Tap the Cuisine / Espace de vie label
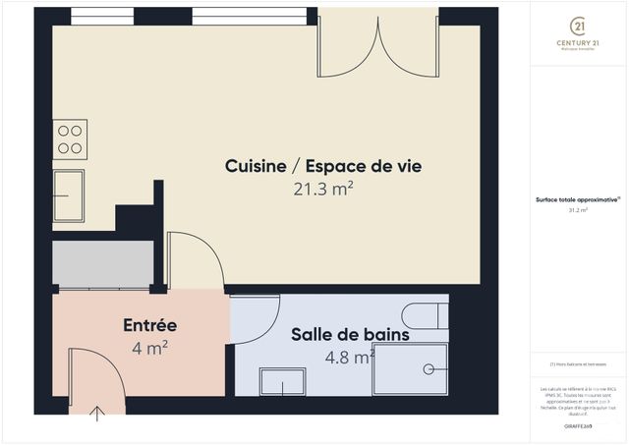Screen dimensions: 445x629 323,166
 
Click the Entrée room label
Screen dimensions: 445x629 149,325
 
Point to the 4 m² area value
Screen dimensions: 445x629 149,347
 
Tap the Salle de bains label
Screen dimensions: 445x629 350,334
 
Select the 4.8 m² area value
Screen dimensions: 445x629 349,357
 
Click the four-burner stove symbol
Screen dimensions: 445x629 70,139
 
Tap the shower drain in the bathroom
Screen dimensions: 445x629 429,369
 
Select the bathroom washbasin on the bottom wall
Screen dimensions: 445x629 282,381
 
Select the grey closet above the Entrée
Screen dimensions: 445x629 103,264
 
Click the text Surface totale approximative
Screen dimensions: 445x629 578,198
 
